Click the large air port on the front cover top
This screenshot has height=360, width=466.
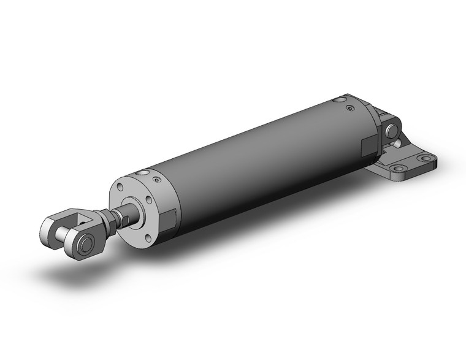tap(143, 174)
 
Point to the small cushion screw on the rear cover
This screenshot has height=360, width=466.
tap(349, 109)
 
